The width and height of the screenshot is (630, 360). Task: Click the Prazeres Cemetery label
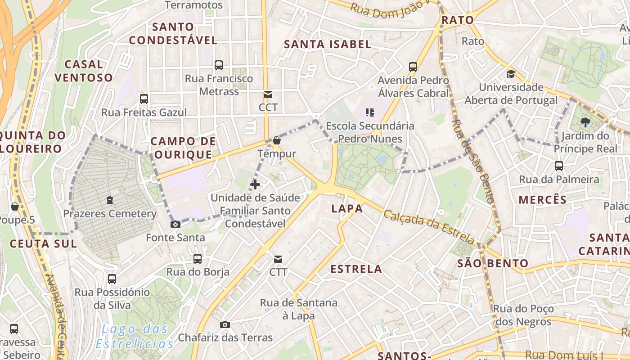click(x=110, y=214)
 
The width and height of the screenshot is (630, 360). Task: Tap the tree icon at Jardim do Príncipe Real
click(x=585, y=121)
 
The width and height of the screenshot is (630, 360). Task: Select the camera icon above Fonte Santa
click(x=175, y=224)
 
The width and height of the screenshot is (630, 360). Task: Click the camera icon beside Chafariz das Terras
click(x=225, y=324)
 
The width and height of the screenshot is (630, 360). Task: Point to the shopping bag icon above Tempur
click(x=276, y=140)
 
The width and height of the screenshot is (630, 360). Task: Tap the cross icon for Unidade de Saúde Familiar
click(x=255, y=184)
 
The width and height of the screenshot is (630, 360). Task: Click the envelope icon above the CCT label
click(x=268, y=94)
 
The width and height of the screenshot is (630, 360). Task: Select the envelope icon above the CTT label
click(x=278, y=259)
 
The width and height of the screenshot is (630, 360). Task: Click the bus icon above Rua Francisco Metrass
click(x=219, y=65)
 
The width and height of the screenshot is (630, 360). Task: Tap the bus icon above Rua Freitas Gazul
click(x=144, y=99)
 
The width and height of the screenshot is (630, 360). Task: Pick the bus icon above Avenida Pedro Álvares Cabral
click(x=413, y=67)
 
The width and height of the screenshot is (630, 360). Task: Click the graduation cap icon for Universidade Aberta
click(x=511, y=74)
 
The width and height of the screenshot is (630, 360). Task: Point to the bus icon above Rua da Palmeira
click(x=559, y=166)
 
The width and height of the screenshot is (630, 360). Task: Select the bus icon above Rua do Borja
click(x=198, y=259)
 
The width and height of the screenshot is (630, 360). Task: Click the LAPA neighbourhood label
click(x=347, y=208)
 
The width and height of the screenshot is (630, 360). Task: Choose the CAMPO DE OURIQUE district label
click(x=183, y=148)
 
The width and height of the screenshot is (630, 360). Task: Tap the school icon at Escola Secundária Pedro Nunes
click(x=370, y=112)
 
